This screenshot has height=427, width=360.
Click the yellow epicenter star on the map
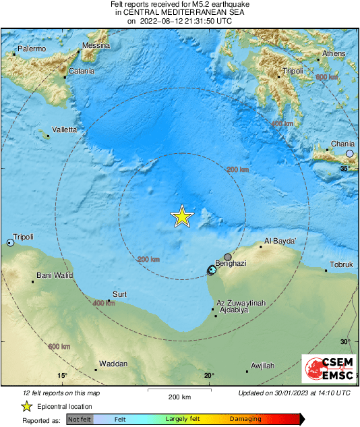pos(181,217)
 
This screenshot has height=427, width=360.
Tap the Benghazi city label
pos(230,263)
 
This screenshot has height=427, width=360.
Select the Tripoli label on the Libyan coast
pos(23,236)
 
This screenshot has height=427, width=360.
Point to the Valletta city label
pos(64,130)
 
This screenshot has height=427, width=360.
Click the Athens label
pos(334,53)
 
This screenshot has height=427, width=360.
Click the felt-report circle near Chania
pos(349,154)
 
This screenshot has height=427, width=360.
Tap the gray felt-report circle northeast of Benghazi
pos(228,257)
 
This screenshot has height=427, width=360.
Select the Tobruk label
pos(341,264)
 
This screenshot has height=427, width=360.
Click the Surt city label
pos(119,294)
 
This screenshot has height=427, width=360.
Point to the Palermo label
pos(32,49)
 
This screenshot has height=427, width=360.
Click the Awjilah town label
pos(262,366)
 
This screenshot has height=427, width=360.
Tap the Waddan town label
pos(113,364)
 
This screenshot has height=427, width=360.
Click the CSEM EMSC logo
pos(325,369)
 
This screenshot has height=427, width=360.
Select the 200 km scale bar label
pos(180,397)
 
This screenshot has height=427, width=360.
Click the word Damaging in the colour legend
pos(245,419)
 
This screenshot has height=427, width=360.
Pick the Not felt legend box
pos(79,419)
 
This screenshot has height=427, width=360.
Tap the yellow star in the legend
pos(26,406)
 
